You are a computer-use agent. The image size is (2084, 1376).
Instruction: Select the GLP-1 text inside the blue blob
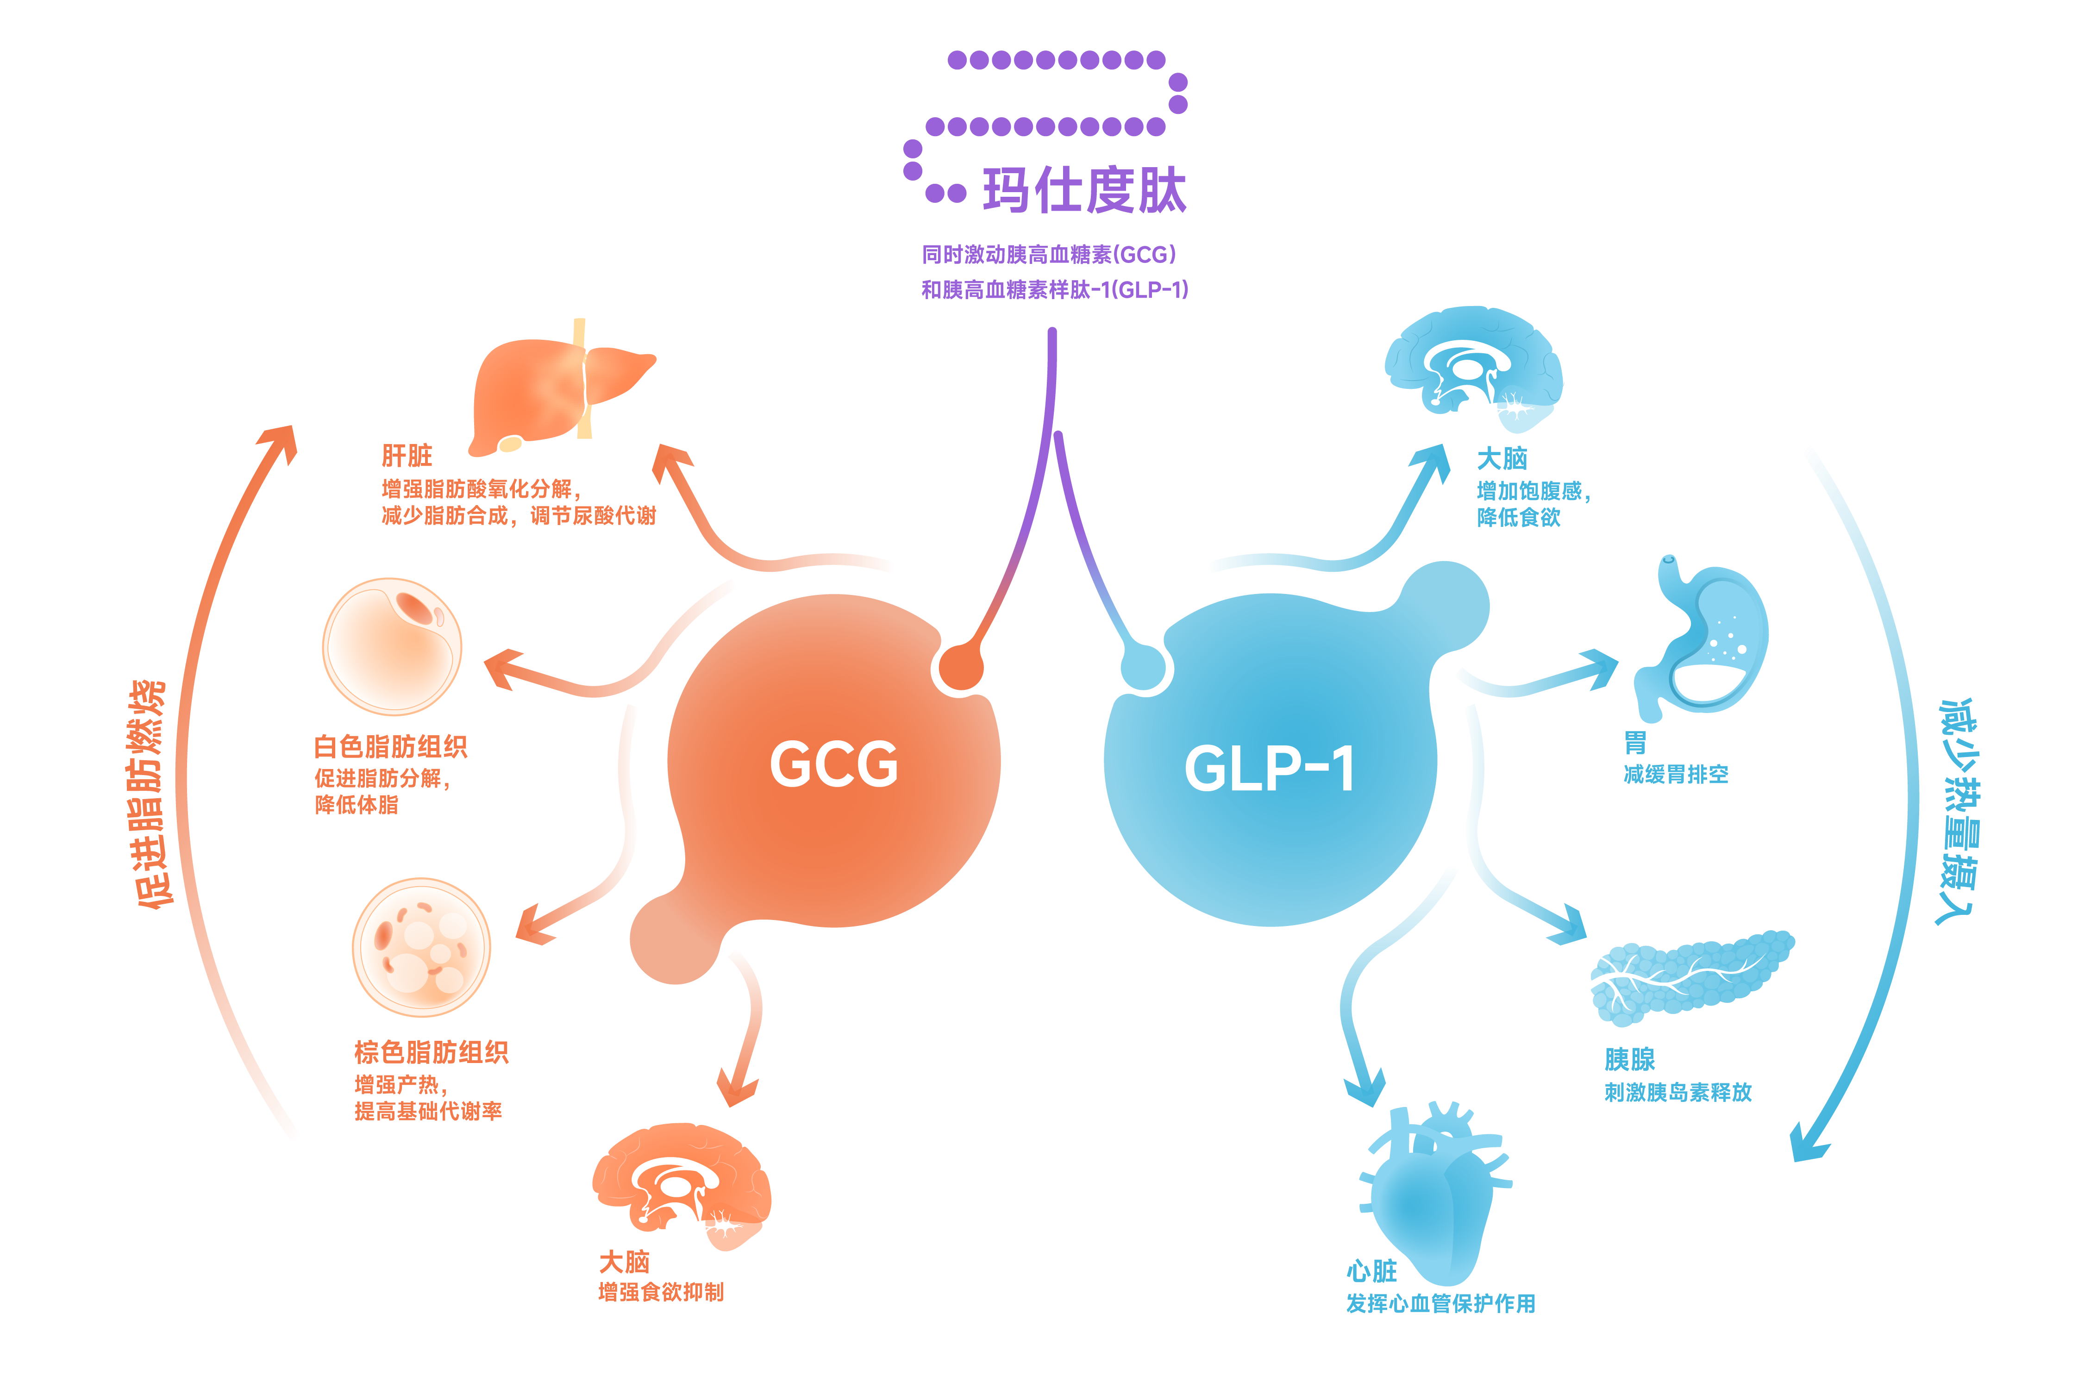1269,769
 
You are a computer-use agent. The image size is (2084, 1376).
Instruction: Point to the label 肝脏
406,456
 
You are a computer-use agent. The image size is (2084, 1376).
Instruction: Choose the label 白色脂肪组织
390,747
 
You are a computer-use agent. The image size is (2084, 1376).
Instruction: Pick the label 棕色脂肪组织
431,1052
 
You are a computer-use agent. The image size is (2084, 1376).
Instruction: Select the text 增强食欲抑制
661,1292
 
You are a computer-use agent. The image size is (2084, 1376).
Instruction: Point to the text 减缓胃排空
1676,774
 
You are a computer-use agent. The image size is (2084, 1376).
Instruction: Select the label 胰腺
1629,1059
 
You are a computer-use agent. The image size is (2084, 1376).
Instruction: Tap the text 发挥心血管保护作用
1441,1303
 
